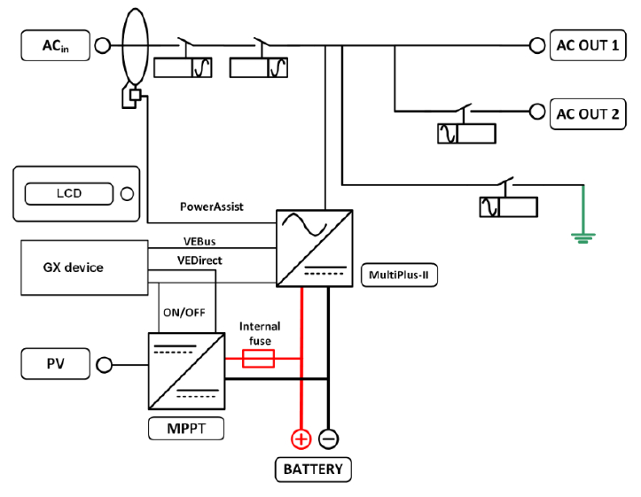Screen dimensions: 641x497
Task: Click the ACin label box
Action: [56, 45]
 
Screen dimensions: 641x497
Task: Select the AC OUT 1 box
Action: [588, 45]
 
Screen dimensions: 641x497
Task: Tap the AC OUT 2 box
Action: [588, 114]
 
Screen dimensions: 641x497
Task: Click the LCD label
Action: [69, 193]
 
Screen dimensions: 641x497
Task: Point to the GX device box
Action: [84, 268]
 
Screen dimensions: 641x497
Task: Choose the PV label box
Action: [56, 364]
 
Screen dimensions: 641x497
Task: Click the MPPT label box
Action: [186, 429]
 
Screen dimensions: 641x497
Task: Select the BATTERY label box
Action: [313, 470]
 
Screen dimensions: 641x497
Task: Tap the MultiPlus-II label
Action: [399, 275]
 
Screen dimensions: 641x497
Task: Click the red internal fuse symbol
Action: [258, 359]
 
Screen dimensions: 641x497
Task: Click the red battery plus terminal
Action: [301, 439]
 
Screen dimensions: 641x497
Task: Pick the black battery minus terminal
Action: [328, 439]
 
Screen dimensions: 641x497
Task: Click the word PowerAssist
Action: [212, 207]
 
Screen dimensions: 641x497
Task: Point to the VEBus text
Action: [199, 241]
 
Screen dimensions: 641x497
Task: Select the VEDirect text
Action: [199, 260]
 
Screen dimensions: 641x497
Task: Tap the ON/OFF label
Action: [184, 313]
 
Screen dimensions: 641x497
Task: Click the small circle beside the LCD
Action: [127, 194]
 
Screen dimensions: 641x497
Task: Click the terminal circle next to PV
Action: [105, 365]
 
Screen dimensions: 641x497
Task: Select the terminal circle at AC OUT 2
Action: [537, 112]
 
